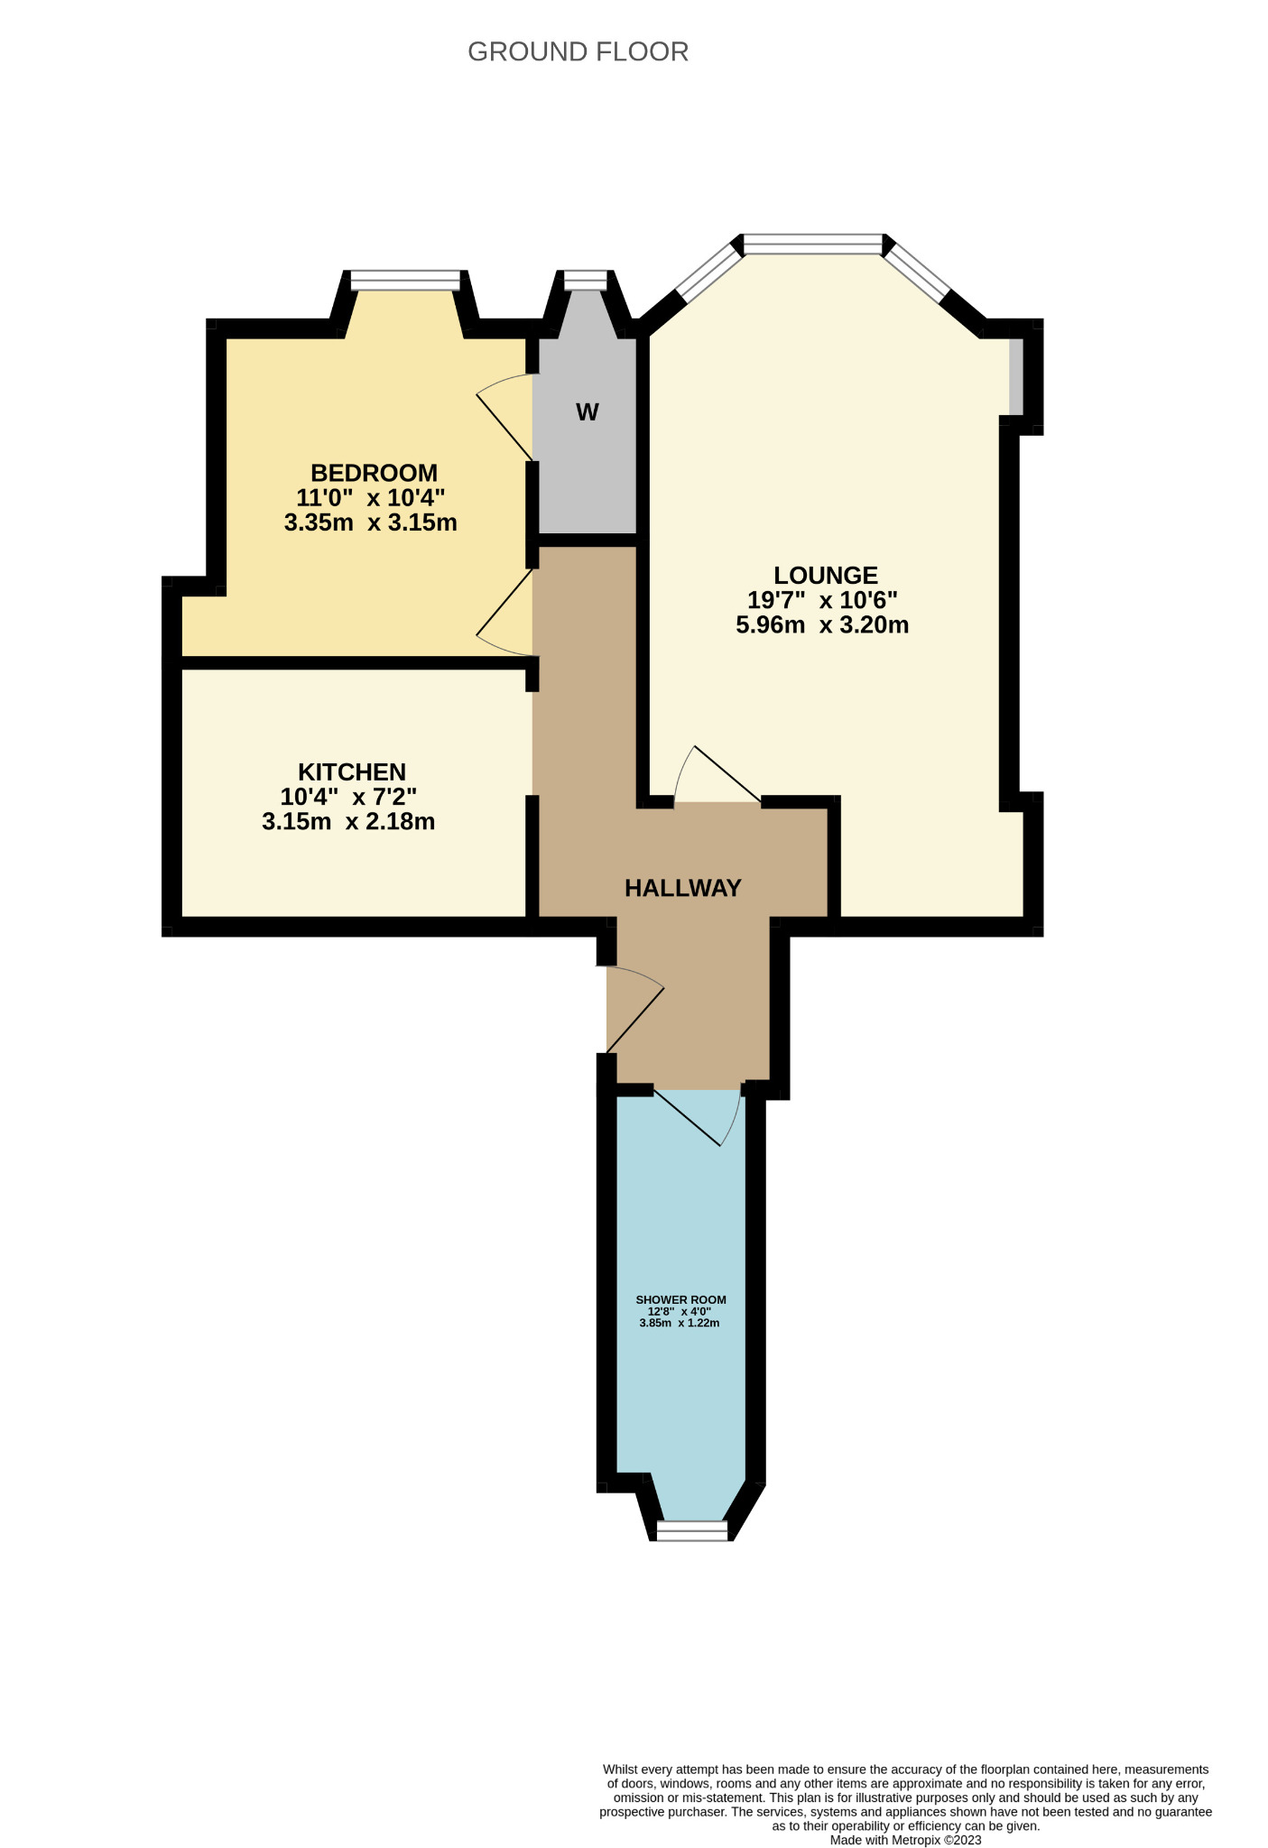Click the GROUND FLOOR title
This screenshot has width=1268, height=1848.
pos(578,52)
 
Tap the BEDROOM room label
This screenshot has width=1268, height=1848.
pos(374,473)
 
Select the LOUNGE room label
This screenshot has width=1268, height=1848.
pos(825,575)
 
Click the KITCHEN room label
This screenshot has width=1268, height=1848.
pos(352,772)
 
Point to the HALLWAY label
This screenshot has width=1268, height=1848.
pos(682,888)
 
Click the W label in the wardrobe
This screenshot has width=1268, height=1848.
pos(587,413)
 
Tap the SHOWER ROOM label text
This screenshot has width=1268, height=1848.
pos(680,1299)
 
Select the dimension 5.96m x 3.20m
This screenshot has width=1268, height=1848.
pos(822,625)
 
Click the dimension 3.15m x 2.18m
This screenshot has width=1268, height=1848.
pos(348,822)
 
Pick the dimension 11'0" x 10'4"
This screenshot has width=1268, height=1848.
pos(370,497)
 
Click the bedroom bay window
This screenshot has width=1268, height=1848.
pos(405,281)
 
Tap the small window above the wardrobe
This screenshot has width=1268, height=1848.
pos(586,281)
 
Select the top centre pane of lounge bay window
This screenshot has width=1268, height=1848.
pos(811,244)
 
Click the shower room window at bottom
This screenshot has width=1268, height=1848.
pos(692,1531)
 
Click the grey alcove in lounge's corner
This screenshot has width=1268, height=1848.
pos(1016,376)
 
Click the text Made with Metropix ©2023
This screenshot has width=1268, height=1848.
pos(905,1840)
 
